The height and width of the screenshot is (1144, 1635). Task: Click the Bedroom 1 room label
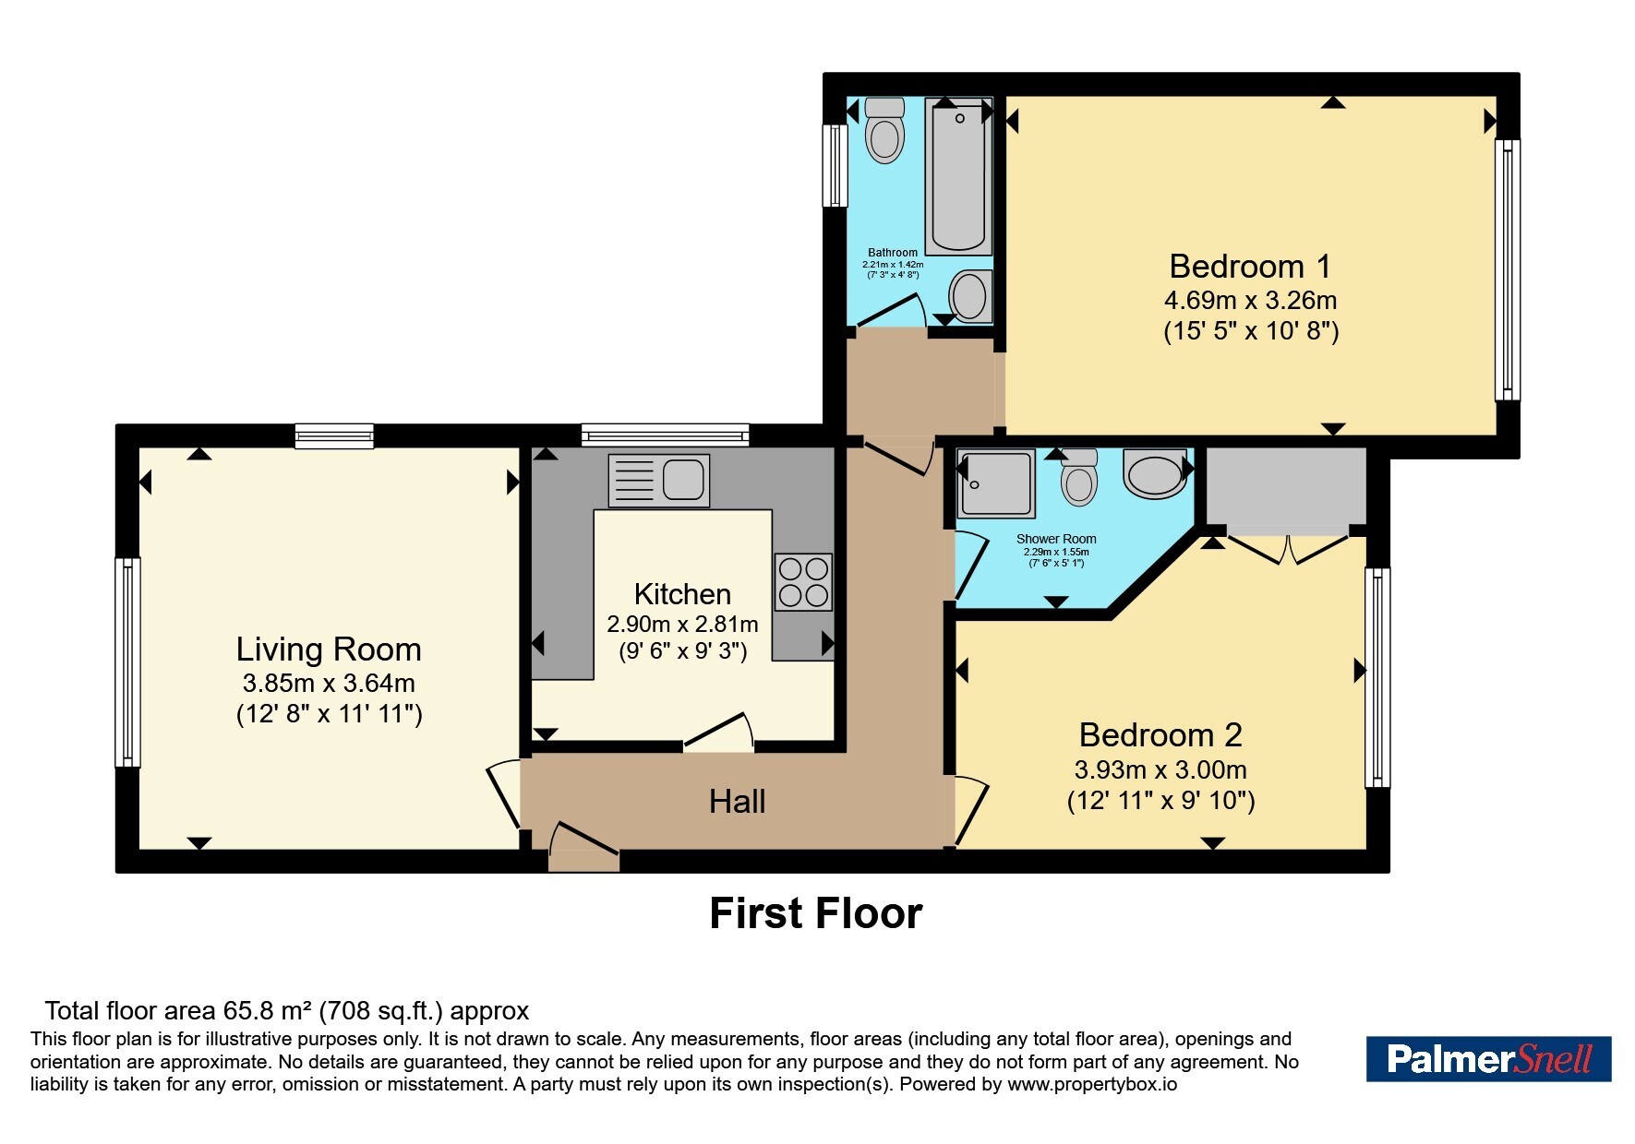tap(1250, 267)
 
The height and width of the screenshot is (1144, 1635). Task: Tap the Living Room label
tap(329, 649)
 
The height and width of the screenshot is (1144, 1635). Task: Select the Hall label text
tap(737, 801)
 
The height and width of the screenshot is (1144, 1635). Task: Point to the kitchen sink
tap(658, 481)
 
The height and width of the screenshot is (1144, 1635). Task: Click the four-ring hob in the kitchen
tap(803, 582)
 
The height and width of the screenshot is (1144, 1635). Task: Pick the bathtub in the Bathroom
tap(958, 175)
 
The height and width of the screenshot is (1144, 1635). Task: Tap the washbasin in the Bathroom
tap(970, 296)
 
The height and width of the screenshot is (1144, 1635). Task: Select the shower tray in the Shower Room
tap(996, 483)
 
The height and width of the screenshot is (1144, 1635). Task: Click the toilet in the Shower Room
tap(1078, 477)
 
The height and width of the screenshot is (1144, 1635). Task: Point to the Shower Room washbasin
tap(1154, 472)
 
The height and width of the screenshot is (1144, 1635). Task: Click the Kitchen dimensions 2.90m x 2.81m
tap(682, 625)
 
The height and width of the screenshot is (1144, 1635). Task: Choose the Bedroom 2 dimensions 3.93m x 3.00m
tap(1160, 769)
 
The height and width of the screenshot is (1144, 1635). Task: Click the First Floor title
tap(816, 913)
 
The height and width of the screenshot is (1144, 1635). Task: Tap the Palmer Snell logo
tap(1488, 1058)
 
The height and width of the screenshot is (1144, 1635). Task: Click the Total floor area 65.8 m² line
tap(287, 1011)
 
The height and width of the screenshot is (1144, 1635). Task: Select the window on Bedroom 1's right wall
tap(1508, 269)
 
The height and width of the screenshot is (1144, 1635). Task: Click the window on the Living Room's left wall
tap(127, 662)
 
